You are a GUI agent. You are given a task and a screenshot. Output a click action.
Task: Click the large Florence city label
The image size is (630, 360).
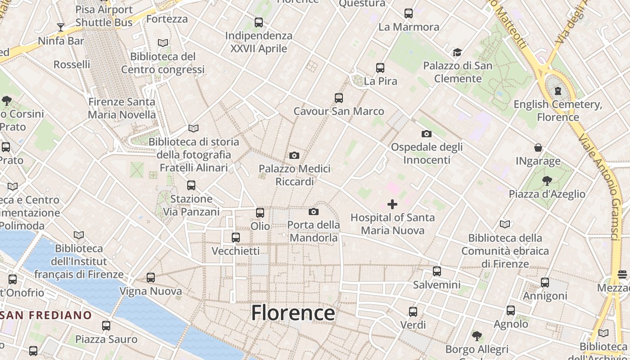pos(293,313)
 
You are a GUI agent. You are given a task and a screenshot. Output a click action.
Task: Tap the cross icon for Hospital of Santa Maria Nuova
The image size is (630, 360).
pos(392,204)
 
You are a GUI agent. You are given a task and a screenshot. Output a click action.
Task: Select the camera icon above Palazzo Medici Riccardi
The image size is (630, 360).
pos(294,156)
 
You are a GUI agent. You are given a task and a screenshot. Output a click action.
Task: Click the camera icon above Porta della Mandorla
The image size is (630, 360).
pos(314,211)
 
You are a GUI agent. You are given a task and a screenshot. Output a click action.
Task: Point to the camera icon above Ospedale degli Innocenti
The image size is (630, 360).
pos(426,134)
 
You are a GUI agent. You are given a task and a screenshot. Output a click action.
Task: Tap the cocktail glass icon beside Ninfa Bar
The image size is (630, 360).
pos(60,27)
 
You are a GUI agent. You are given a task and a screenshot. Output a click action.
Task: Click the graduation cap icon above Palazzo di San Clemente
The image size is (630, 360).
pos(457,52)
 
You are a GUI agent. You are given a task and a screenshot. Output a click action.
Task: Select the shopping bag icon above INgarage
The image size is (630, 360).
pos(538,148)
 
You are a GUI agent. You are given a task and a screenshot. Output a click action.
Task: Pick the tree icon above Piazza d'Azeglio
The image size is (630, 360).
pos(547,181)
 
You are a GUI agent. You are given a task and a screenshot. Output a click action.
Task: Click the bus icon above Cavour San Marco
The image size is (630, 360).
pos(339,98)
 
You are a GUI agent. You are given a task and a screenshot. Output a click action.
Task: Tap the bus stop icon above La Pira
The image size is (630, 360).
pos(380,68)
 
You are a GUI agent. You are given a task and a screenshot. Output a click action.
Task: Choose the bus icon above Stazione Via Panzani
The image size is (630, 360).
pos(191,185)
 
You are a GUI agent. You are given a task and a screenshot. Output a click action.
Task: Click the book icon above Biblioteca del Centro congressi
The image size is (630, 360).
pos(163,43)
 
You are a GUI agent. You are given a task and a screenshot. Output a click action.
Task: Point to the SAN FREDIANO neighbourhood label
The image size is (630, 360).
pos(46,315)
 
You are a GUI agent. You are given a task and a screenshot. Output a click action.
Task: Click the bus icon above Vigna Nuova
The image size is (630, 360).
pos(151,278)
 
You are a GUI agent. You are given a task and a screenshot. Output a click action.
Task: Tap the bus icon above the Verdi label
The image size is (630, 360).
pos(413,311)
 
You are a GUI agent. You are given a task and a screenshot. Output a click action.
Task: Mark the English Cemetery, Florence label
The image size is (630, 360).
pos(558,111)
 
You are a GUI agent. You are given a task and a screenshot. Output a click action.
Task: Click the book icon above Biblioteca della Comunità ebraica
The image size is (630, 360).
pos(505,224)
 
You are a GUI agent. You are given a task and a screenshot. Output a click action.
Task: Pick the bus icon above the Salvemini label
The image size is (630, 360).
pos(436,271)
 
